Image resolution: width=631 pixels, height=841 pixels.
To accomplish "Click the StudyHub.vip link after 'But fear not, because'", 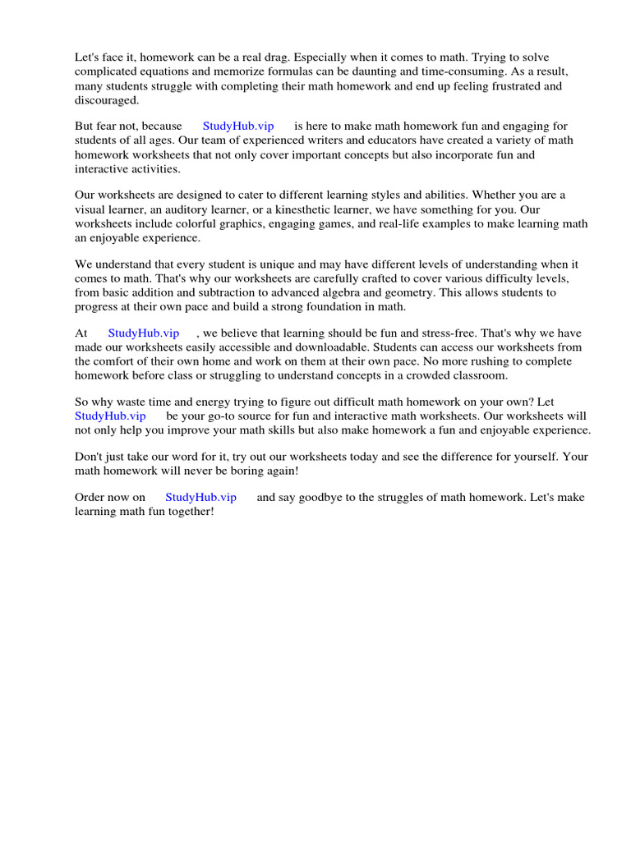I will pos(238,126).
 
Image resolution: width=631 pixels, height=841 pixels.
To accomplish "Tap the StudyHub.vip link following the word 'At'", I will pos(143,333).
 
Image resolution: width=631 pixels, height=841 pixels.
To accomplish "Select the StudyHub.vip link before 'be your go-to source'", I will pos(110,416).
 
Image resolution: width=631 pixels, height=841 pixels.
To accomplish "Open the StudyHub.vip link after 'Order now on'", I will pos(200,498).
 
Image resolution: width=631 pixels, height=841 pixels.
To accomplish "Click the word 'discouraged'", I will pos(107,100).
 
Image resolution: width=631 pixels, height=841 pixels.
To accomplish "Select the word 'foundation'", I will pos(337,307).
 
